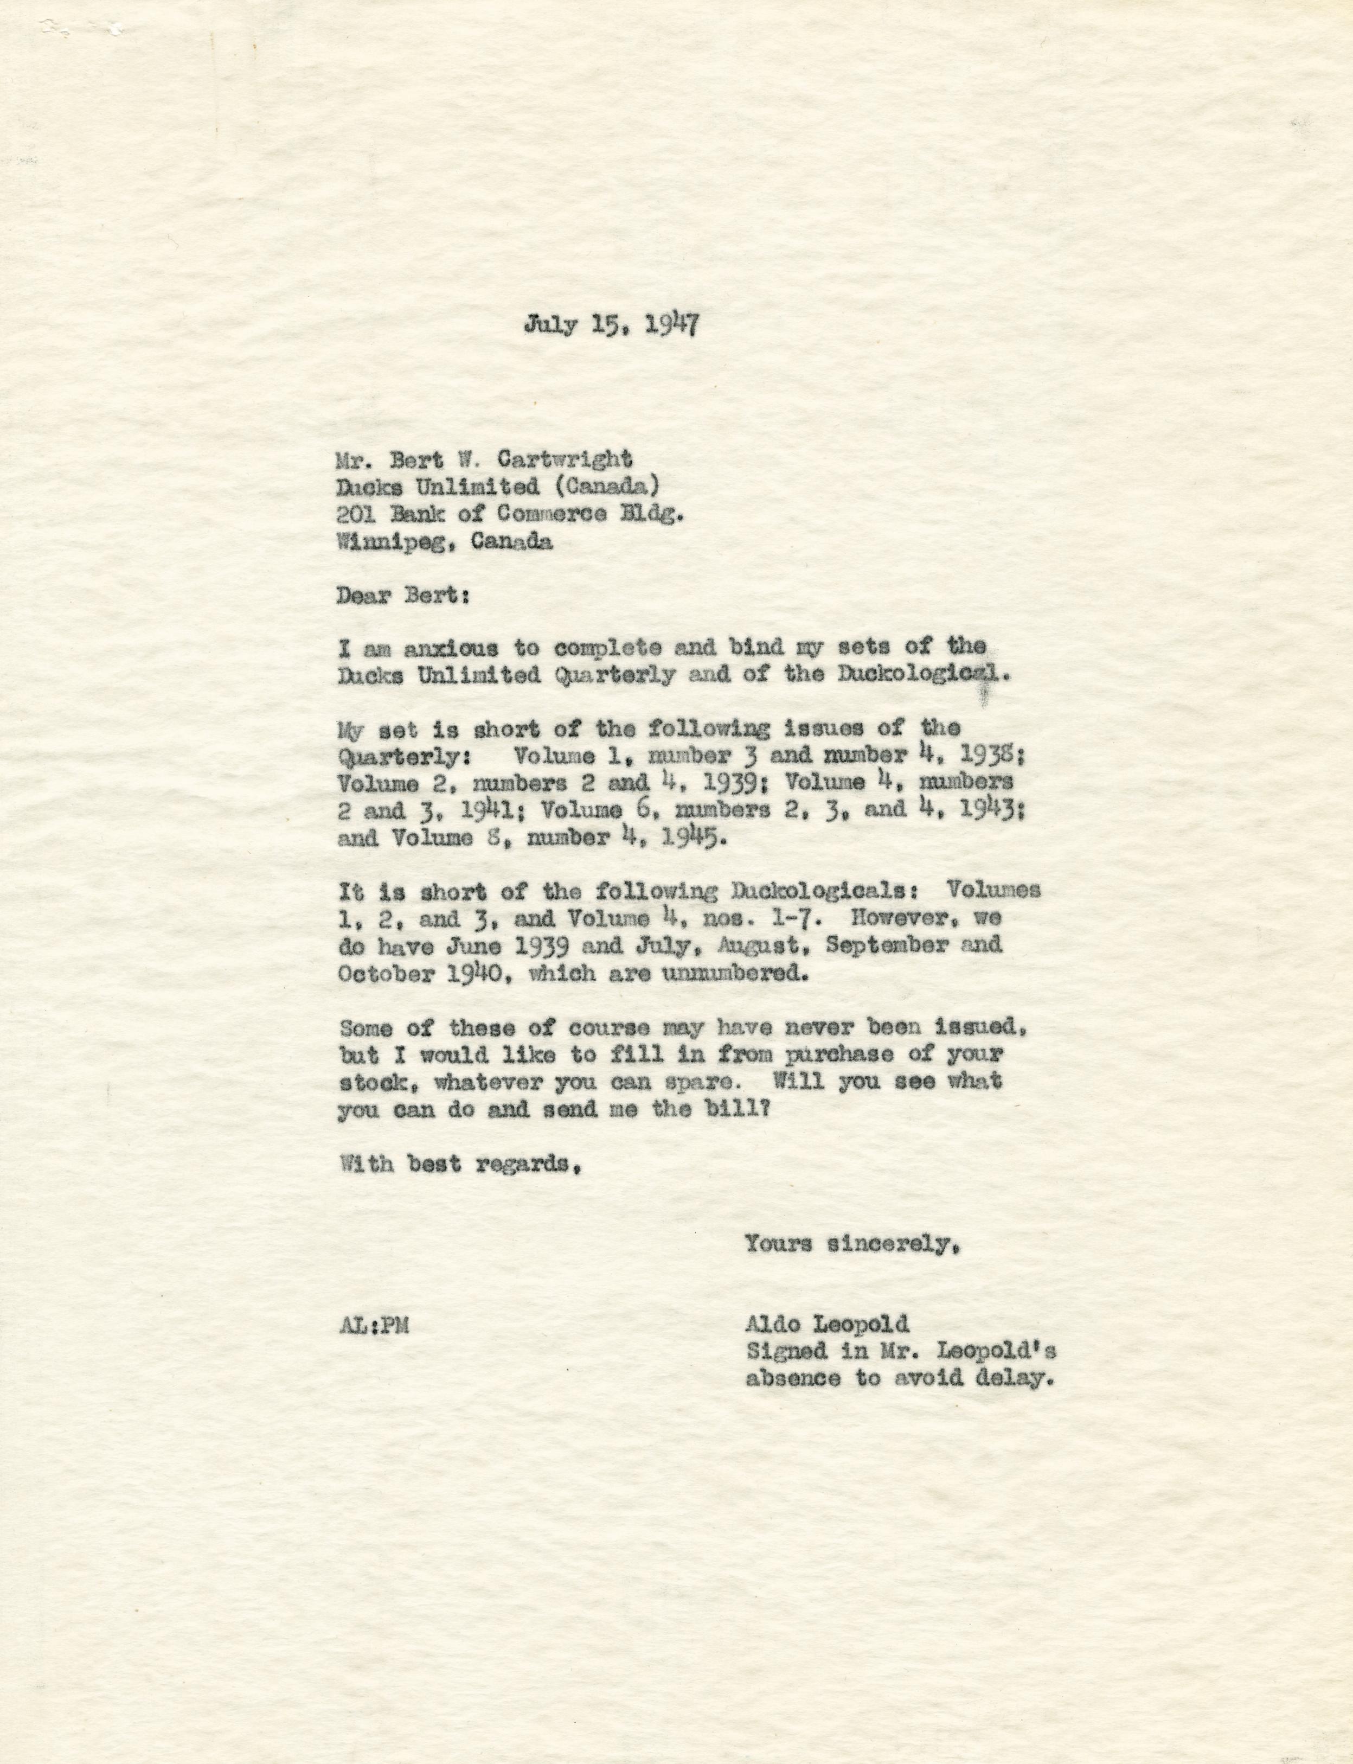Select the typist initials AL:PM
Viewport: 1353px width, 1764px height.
374,1325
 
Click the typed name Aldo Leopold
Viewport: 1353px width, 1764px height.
827,1324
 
